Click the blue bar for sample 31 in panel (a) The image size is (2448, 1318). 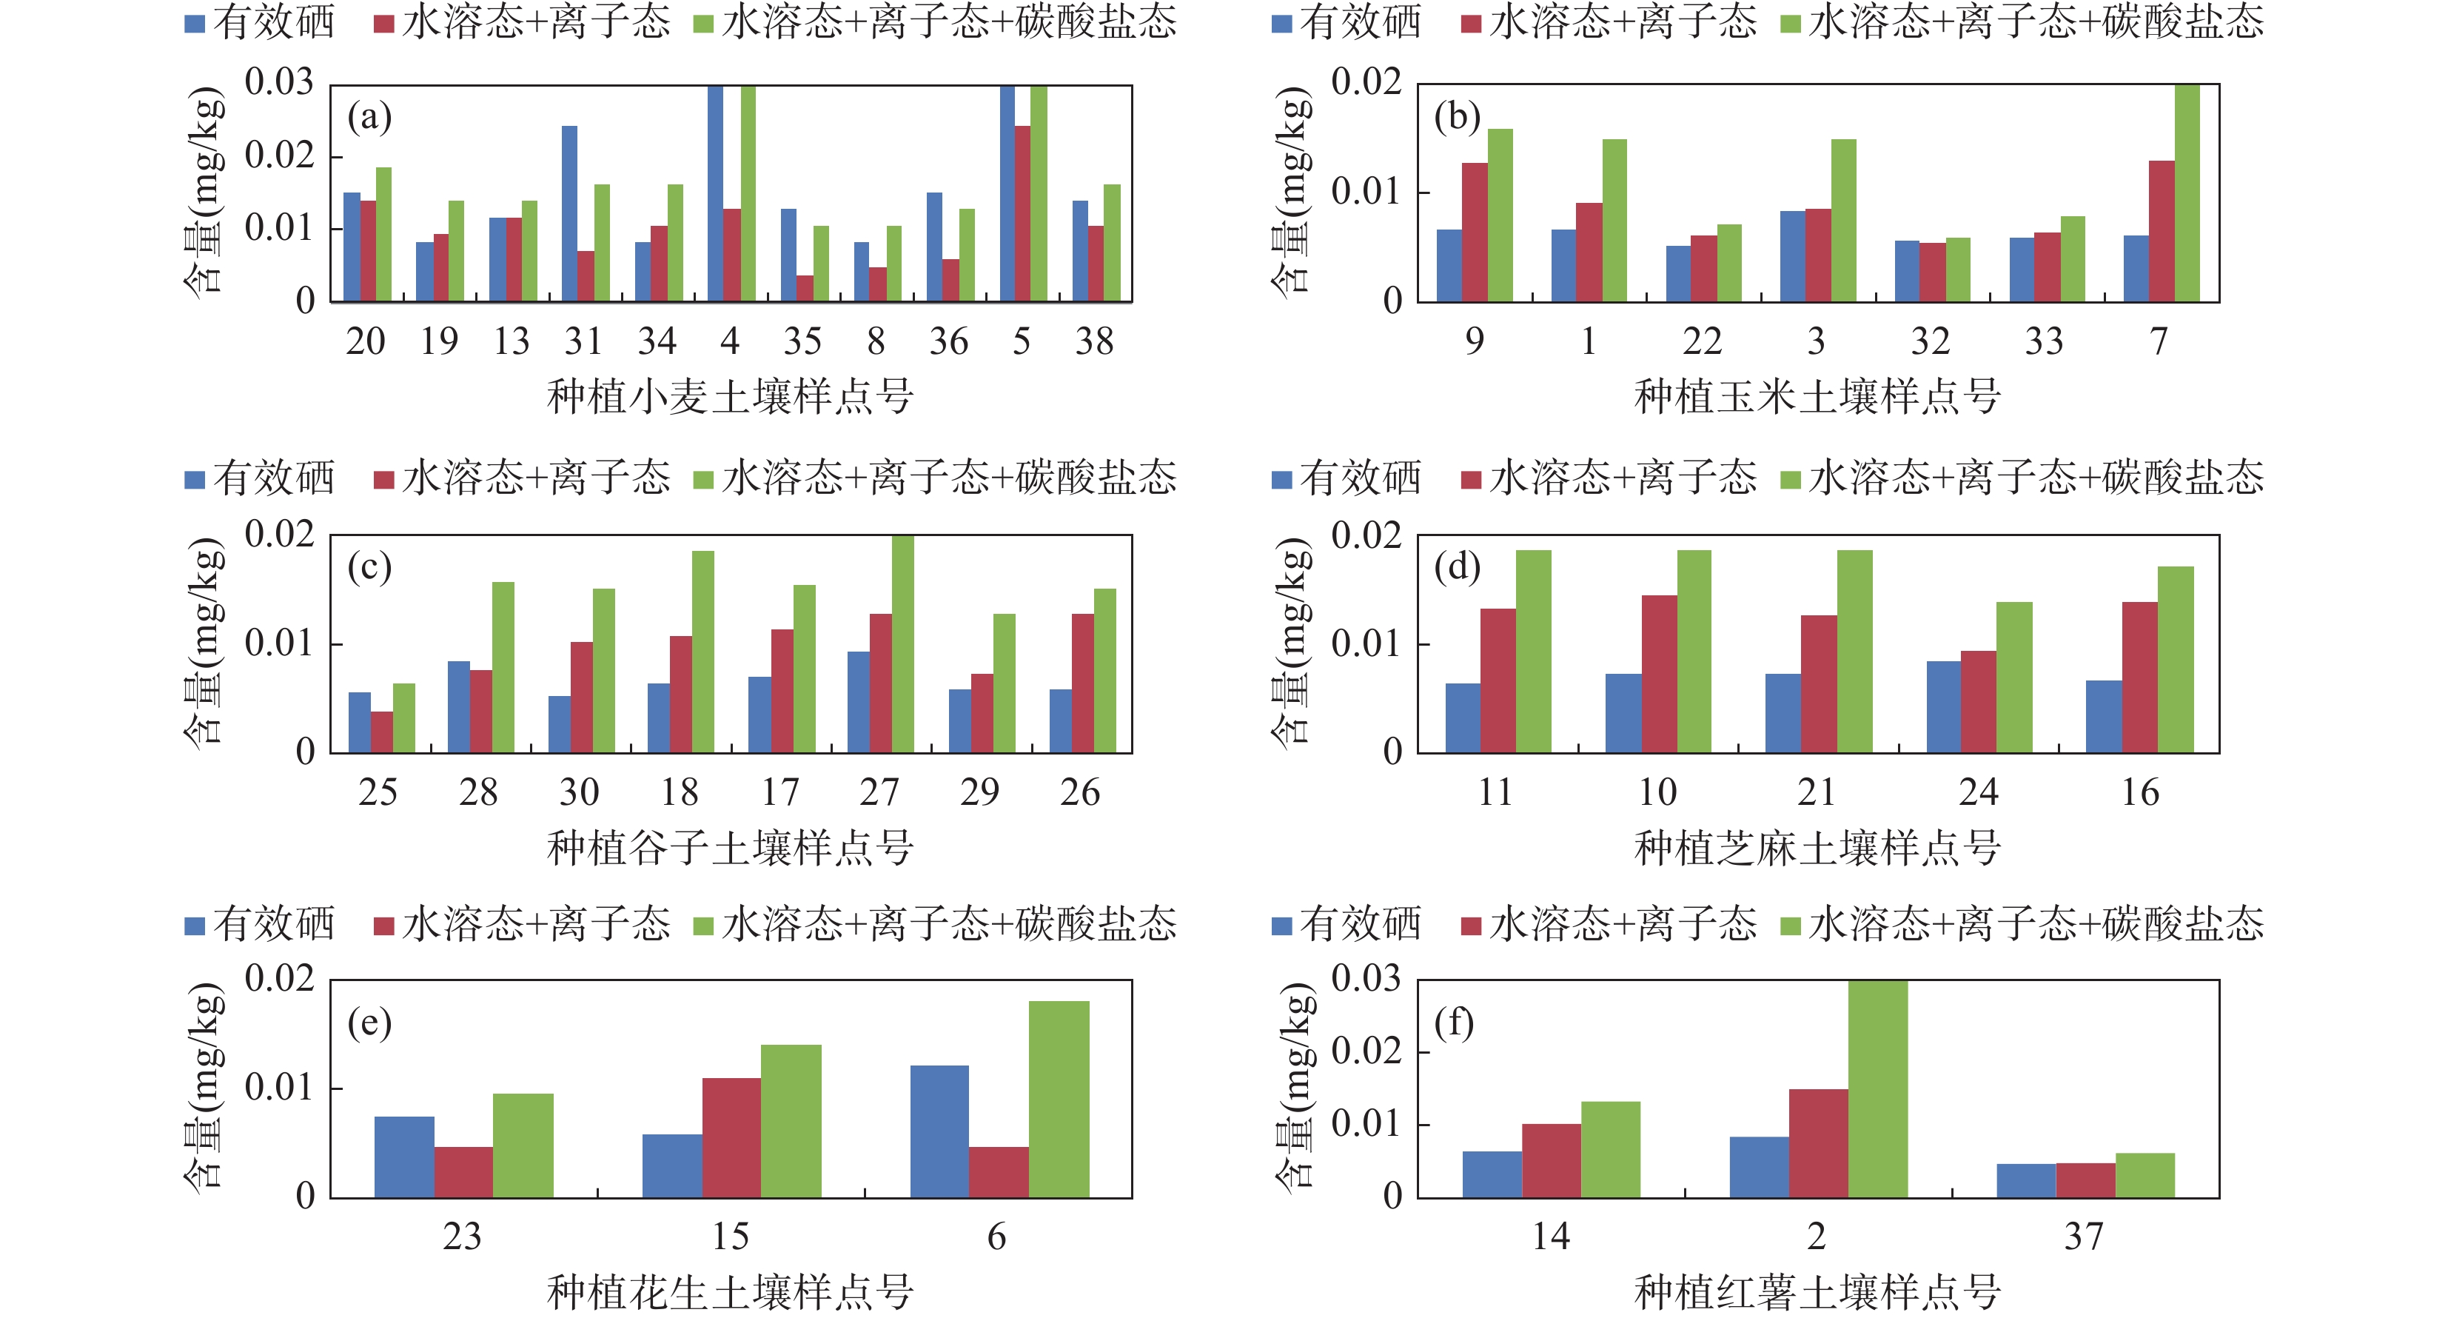click(x=569, y=214)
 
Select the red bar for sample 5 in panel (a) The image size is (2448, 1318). click(x=1022, y=214)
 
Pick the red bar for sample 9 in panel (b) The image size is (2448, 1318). click(x=1475, y=233)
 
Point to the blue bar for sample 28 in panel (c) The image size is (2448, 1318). click(x=459, y=707)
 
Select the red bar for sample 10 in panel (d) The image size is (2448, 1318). click(x=1659, y=674)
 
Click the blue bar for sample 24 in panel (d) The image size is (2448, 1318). click(x=1943, y=707)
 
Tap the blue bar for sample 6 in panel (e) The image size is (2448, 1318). click(x=940, y=1131)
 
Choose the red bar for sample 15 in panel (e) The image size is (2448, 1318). click(x=732, y=1137)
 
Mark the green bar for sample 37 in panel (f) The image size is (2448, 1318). click(x=2144, y=1175)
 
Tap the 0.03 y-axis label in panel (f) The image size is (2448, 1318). click(x=1366, y=978)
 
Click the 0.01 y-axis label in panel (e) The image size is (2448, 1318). click(x=279, y=1087)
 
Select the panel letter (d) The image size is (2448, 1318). click(x=1457, y=568)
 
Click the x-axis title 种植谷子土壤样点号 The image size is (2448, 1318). click(x=730, y=846)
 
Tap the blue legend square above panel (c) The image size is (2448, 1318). click(x=195, y=480)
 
